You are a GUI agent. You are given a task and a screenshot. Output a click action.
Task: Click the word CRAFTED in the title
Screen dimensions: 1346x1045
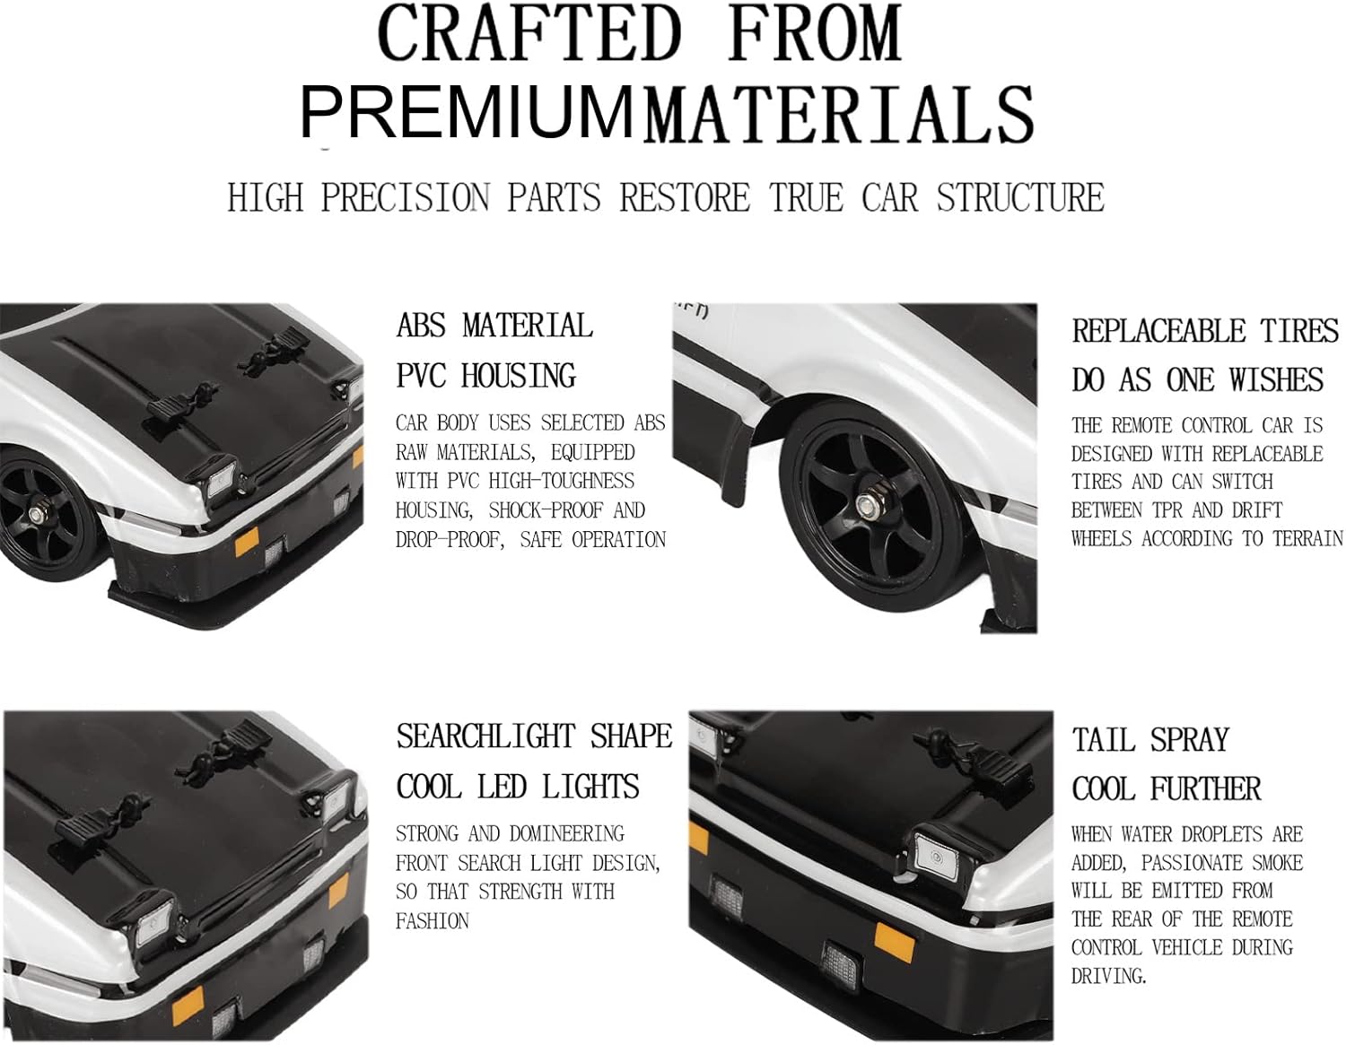529,33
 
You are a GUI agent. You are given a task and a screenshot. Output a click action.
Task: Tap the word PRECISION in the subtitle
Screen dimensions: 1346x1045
405,197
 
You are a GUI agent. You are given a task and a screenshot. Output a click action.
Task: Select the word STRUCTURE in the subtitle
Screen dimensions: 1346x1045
1020,197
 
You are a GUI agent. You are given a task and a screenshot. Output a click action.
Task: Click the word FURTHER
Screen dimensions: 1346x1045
1205,789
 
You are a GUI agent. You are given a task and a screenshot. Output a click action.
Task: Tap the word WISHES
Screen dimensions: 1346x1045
1276,379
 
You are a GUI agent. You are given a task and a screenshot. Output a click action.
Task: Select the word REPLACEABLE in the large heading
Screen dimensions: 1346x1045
1158,331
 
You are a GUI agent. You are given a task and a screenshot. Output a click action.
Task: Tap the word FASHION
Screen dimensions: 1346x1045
433,921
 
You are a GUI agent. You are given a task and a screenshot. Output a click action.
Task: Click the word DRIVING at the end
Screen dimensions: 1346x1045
1109,976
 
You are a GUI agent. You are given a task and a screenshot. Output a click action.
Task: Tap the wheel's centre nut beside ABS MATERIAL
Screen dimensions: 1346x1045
35,514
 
